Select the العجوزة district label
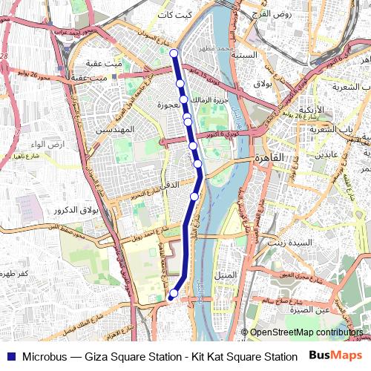[170, 105]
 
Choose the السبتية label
[244, 55]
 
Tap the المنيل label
[224, 275]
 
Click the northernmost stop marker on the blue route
[174, 53]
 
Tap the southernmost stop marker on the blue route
[172, 295]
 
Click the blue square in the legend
[9, 356]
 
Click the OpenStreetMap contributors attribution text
[306, 332]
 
